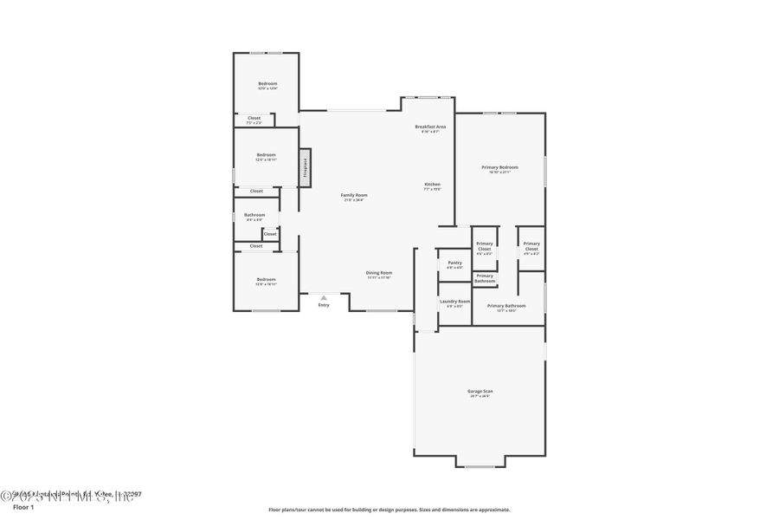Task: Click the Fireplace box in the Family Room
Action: (x=305, y=166)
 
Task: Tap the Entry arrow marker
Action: (x=324, y=297)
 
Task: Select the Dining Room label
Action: (x=379, y=274)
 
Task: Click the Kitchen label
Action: (x=432, y=185)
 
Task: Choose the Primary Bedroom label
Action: (x=500, y=168)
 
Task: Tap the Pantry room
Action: (x=454, y=264)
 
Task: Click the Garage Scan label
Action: (x=480, y=393)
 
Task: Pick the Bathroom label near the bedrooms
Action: (x=254, y=216)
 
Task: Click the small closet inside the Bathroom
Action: (x=270, y=234)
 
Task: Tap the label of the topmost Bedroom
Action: (x=267, y=85)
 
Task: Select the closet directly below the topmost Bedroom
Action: (x=254, y=120)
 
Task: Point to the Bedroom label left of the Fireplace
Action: (x=266, y=156)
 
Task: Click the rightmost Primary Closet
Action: (x=531, y=247)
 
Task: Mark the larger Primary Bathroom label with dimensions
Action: (x=506, y=307)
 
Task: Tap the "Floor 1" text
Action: (x=23, y=507)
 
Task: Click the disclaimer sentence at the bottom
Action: (x=389, y=510)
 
